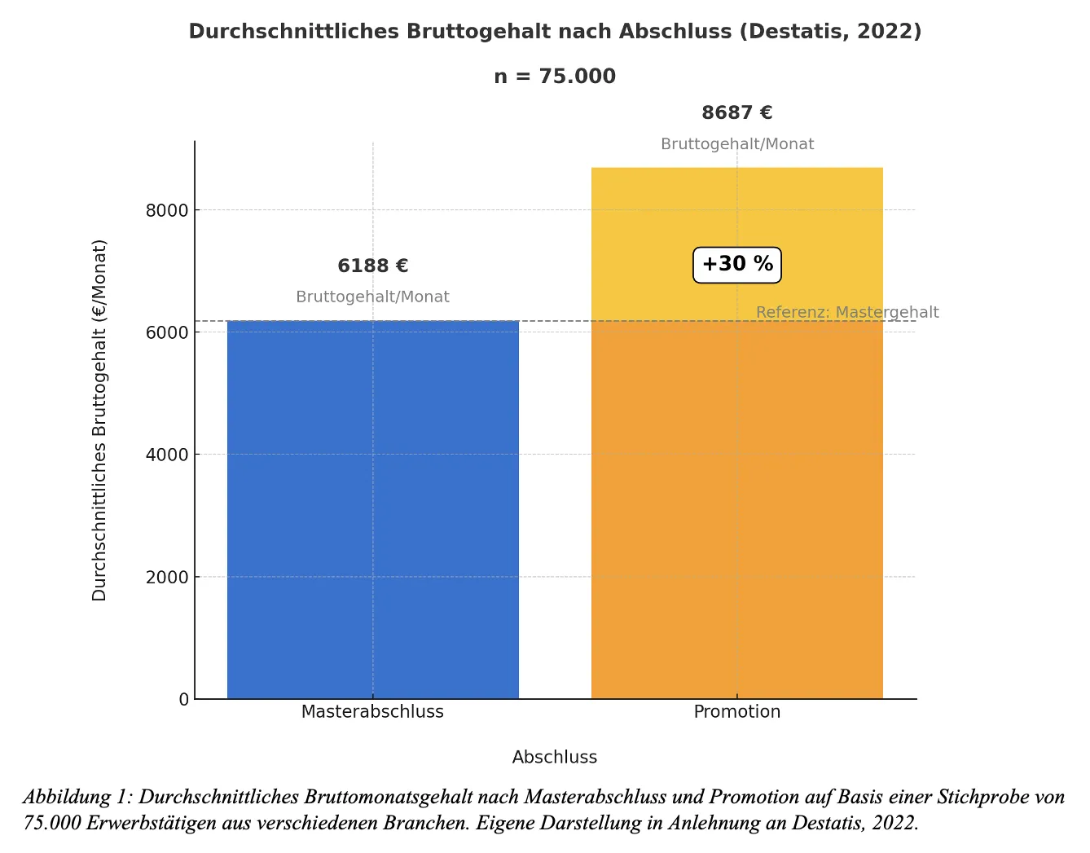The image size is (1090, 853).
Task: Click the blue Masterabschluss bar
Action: [x=372, y=509]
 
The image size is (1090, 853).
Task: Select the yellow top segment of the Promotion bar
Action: [x=736, y=212]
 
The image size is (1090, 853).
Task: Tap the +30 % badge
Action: [x=736, y=265]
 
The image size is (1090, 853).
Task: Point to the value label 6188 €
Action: [x=372, y=266]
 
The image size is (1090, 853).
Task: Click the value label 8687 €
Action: [x=736, y=113]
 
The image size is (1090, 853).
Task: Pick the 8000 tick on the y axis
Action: [x=167, y=211]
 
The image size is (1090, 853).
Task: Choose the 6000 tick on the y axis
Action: [x=167, y=333]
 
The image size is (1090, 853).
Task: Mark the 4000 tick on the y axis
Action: [x=167, y=455]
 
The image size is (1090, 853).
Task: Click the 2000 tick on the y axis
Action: [x=167, y=578]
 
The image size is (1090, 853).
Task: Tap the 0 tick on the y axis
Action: [x=184, y=700]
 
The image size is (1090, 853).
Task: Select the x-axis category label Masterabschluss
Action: [x=372, y=712]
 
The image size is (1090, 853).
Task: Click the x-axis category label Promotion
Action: [x=736, y=712]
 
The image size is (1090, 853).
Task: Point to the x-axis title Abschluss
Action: [x=554, y=758]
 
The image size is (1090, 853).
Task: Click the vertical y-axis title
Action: [x=99, y=420]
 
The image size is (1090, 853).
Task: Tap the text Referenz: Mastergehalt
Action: [x=847, y=313]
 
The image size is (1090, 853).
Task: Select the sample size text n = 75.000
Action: [x=554, y=77]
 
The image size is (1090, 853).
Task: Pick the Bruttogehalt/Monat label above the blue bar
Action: [x=372, y=297]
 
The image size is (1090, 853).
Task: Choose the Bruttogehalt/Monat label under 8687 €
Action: [x=736, y=144]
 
